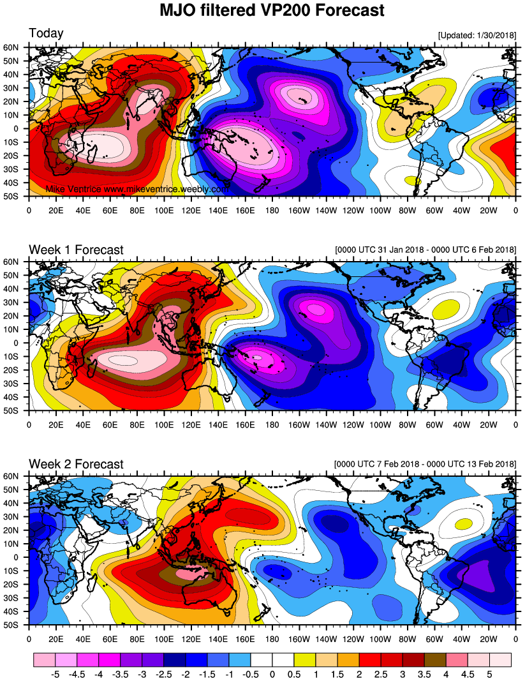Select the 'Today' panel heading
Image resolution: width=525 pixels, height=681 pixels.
point(46,33)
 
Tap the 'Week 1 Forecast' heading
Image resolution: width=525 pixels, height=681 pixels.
point(76,250)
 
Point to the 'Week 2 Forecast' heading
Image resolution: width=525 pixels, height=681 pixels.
point(76,464)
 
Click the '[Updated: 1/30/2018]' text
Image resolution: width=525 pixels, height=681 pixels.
point(477,35)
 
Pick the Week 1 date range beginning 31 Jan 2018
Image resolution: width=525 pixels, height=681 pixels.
point(424,250)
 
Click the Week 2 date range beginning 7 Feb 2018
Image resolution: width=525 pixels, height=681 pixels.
point(424,464)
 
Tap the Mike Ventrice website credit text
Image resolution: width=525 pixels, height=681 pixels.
point(137,190)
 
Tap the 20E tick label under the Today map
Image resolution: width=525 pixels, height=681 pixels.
point(56,209)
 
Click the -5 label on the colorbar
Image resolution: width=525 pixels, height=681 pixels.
point(55,673)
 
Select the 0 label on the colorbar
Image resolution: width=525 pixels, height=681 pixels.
point(272,673)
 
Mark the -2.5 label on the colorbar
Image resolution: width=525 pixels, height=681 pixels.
point(164,673)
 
